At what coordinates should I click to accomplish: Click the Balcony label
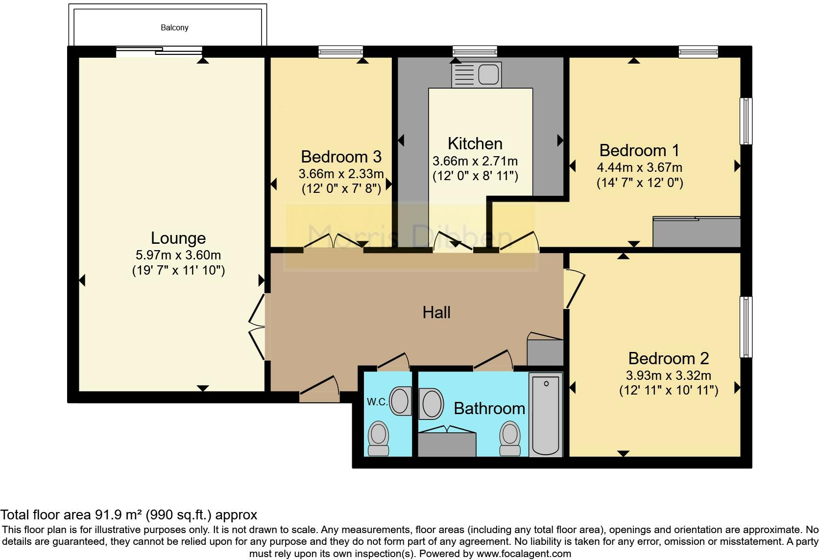pos(174,28)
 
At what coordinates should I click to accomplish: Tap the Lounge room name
pos(178,238)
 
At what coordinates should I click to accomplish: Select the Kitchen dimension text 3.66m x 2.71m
pos(475,161)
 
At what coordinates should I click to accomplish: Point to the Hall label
pos(436,313)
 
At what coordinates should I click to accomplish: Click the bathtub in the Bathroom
pos(546,414)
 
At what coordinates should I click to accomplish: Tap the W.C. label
pos(377,402)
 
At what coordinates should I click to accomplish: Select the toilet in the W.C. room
pos(378,438)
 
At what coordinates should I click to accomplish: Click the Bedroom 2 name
pos(668,358)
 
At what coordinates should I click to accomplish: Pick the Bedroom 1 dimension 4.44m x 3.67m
pos(640,167)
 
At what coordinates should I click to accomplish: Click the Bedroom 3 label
pos(341,157)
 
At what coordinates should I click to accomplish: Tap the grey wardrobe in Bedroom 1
pos(697,232)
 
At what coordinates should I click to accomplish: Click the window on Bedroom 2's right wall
pos(746,327)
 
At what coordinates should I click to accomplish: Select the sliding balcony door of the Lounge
pos(159,51)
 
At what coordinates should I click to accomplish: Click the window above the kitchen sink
pos(475,51)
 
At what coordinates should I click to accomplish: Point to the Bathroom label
pos(489,408)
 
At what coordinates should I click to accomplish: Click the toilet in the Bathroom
pos(510,438)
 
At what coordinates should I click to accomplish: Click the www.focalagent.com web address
pos(524,554)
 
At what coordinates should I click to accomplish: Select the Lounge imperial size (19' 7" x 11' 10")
pos(178,270)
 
